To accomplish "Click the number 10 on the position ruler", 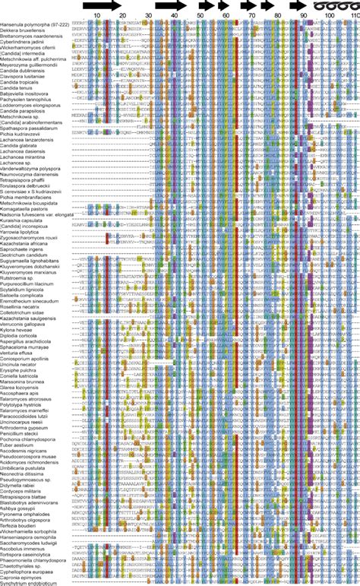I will coord(96,15).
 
